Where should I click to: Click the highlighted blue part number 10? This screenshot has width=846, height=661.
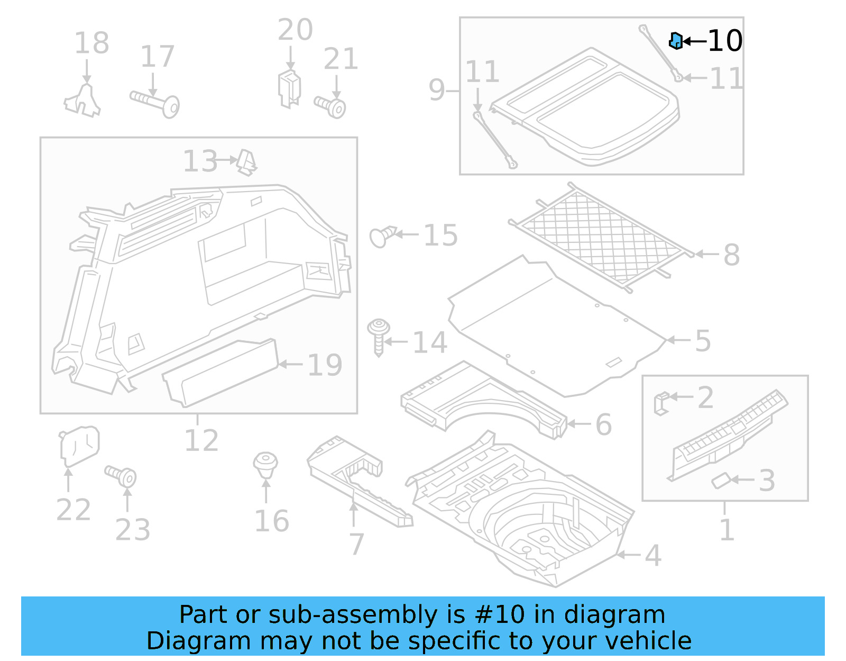(675, 41)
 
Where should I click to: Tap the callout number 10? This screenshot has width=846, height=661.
(725, 41)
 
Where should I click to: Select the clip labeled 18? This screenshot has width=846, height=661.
(83, 101)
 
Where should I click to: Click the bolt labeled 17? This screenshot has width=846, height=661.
(157, 102)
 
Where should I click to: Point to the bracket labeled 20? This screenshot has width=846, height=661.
(289, 87)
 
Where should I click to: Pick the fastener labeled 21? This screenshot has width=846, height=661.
(331, 106)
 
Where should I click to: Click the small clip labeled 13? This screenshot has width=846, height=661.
(247, 162)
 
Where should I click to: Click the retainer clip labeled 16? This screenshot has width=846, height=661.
(265, 464)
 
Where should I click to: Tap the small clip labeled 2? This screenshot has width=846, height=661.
(661, 403)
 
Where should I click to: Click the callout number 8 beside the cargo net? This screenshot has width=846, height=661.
(731, 255)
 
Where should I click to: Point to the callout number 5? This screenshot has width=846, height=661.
(703, 341)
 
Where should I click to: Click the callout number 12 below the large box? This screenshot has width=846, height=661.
(201, 441)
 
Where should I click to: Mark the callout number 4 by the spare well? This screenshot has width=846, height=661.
(653, 556)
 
